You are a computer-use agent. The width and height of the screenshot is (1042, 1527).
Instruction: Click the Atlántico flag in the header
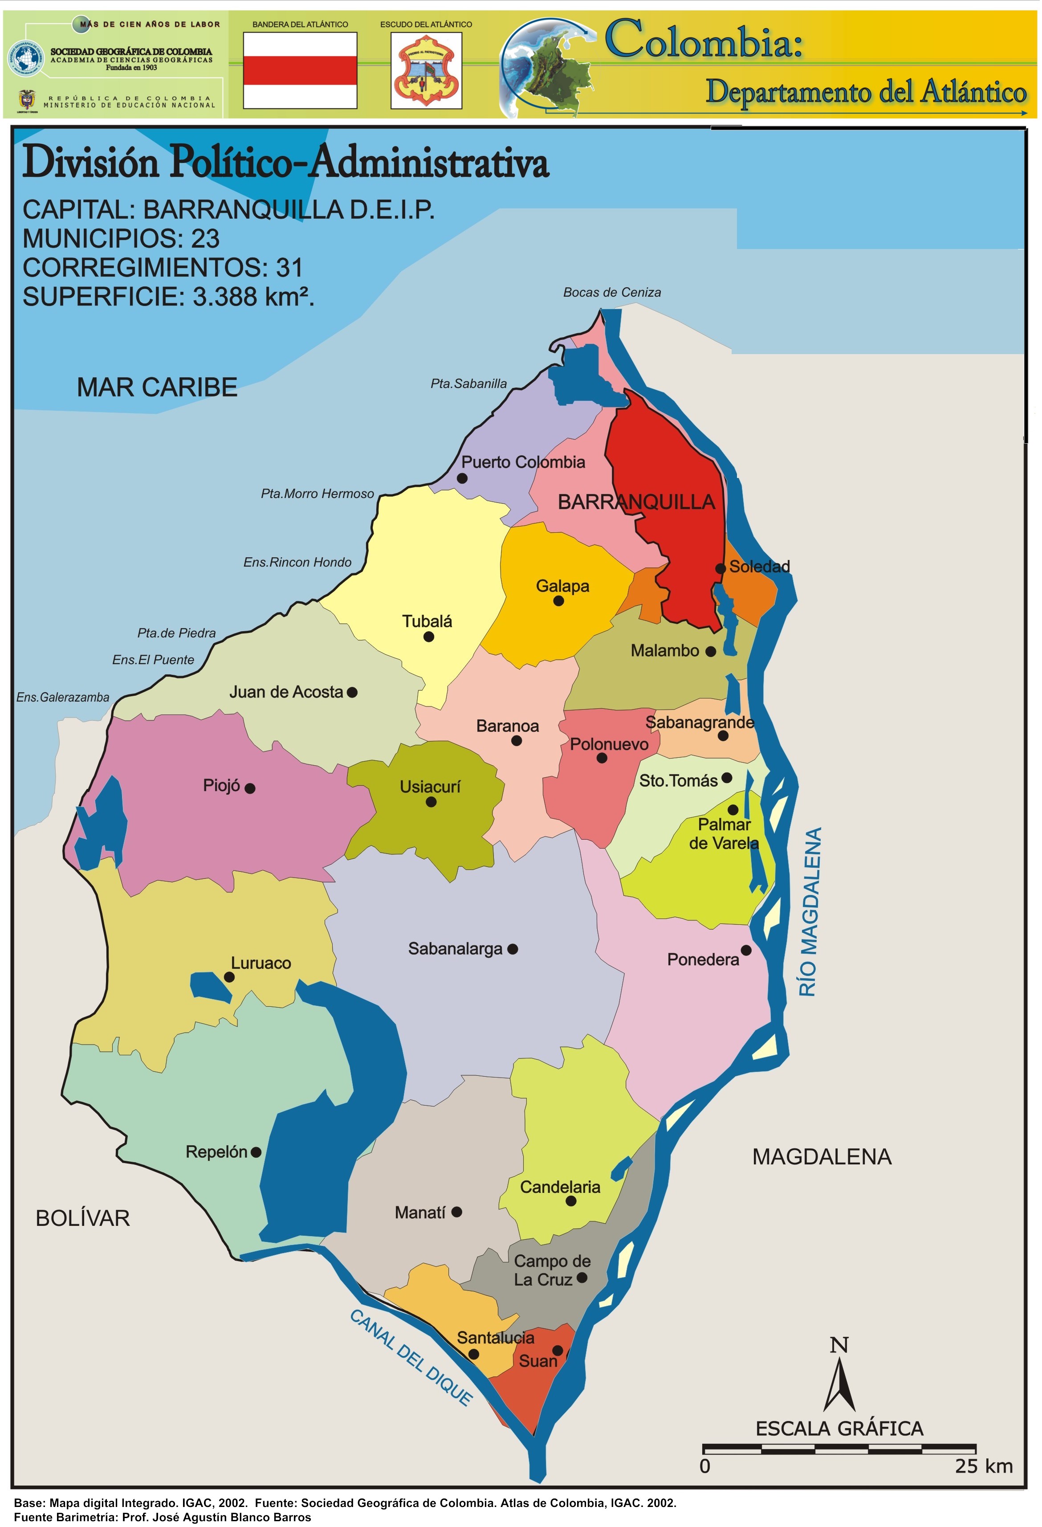[x=300, y=70]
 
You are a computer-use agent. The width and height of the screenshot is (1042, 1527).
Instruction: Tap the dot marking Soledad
[x=721, y=568]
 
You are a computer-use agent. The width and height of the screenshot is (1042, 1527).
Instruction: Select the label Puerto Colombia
[x=523, y=462]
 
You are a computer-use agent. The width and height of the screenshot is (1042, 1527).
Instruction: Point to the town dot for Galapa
[x=558, y=601]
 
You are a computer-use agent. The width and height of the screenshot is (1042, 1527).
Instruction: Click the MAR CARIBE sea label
[x=157, y=388]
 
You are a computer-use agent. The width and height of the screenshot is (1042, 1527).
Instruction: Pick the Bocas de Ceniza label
[x=612, y=292]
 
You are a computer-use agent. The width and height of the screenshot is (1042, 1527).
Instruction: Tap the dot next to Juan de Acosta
[x=352, y=693]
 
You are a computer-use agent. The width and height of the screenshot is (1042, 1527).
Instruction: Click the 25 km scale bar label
[x=984, y=1466]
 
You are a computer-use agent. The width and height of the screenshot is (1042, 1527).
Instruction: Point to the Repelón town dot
[x=256, y=1152]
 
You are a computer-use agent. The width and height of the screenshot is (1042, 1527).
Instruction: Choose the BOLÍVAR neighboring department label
[x=83, y=1219]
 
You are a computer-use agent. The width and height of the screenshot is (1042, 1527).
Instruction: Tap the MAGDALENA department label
[x=822, y=1157]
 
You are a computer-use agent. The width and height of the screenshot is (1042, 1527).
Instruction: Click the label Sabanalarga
[x=455, y=949]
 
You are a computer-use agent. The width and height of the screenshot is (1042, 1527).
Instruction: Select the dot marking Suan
[x=557, y=1351]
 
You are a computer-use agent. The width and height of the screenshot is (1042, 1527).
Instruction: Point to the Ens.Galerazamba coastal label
[x=63, y=698]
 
